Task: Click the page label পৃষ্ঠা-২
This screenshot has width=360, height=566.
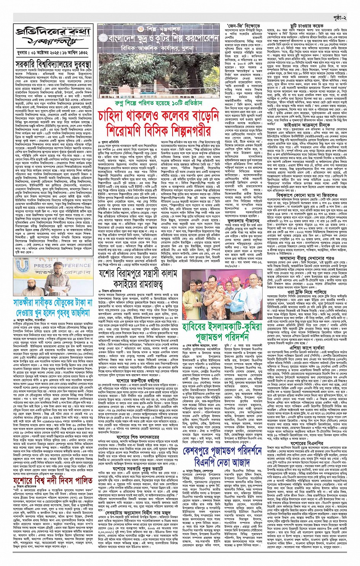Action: coord(338,18)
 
